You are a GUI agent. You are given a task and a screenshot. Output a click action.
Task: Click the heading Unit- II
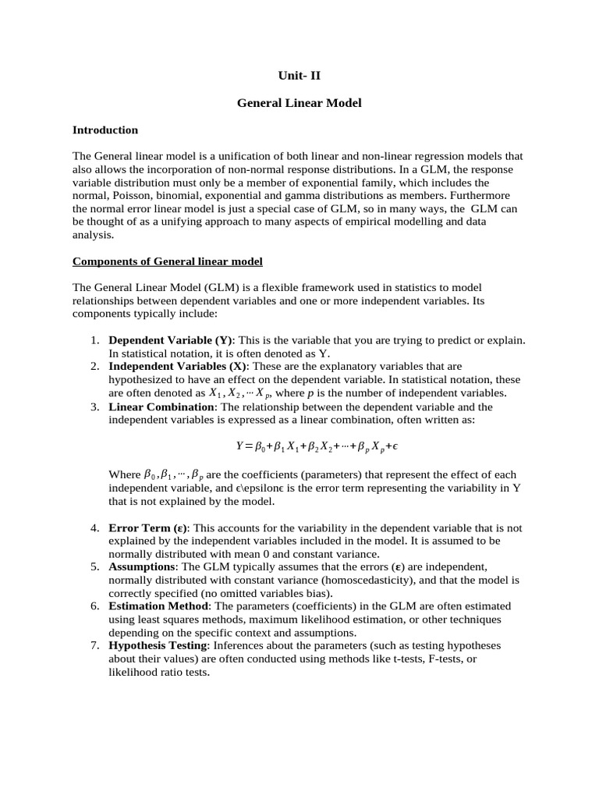[299, 76]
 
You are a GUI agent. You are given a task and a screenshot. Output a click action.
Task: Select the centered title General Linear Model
[299, 103]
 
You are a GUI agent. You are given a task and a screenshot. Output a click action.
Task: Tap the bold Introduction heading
[105, 130]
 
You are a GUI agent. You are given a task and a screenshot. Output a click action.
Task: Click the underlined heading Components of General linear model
[168, 261]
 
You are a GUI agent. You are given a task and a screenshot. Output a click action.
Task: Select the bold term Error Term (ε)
[147, 528]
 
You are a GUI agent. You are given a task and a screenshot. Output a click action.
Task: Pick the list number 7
[94, 646]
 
